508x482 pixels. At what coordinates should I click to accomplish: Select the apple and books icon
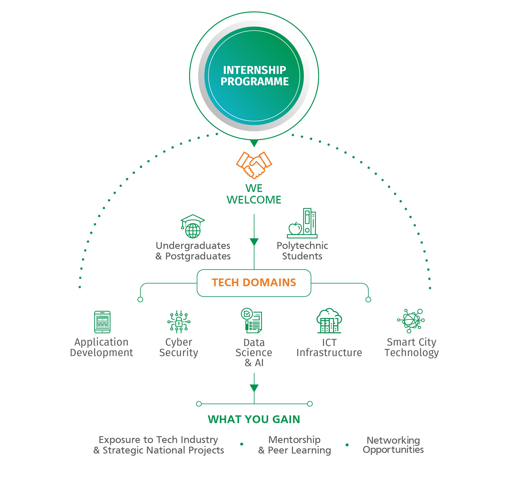(x=302, y=223)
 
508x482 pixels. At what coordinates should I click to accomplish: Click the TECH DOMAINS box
(x=254, y=283)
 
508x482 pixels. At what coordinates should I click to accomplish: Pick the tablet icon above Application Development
(x=102, y=322)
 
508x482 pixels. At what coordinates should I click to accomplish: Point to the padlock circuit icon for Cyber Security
(x=179, y=322)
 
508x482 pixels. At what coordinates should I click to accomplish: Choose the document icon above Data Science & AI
(x=252, y=320)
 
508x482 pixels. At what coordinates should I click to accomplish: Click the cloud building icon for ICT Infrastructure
(x=329, y=321)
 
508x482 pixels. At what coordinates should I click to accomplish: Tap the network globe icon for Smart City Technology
(x=411, y=321)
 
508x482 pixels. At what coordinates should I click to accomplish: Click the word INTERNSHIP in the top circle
(x=254, y=70)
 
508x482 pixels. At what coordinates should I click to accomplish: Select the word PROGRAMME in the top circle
(x=254, y=81)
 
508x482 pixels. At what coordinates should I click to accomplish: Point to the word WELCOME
(x=254, y=200)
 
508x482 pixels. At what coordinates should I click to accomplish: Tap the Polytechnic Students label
(x=302, y=251)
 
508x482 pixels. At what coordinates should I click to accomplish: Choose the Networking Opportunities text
(x=393, y=445)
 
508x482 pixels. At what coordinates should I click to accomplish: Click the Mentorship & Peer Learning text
(x=294, y=445)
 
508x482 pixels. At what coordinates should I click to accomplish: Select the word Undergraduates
(x=193, y=246)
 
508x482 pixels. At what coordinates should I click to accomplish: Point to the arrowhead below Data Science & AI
(x=254, y=388)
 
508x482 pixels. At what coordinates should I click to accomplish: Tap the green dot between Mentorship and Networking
(x=347, y=445)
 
